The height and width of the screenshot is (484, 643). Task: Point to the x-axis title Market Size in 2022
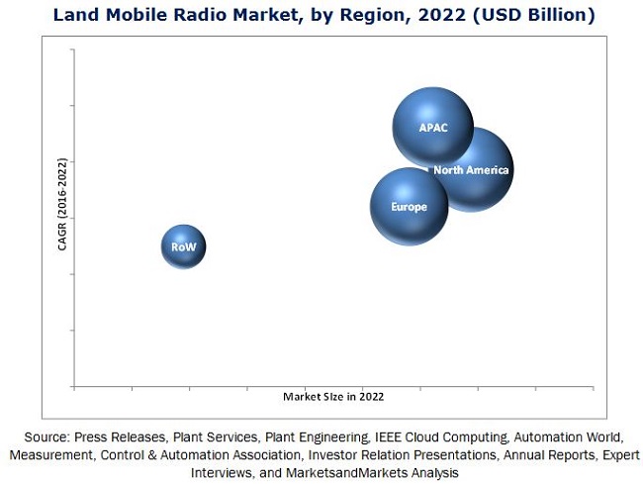coord(333,396)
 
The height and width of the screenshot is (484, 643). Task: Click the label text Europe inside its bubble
coord(409,207)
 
